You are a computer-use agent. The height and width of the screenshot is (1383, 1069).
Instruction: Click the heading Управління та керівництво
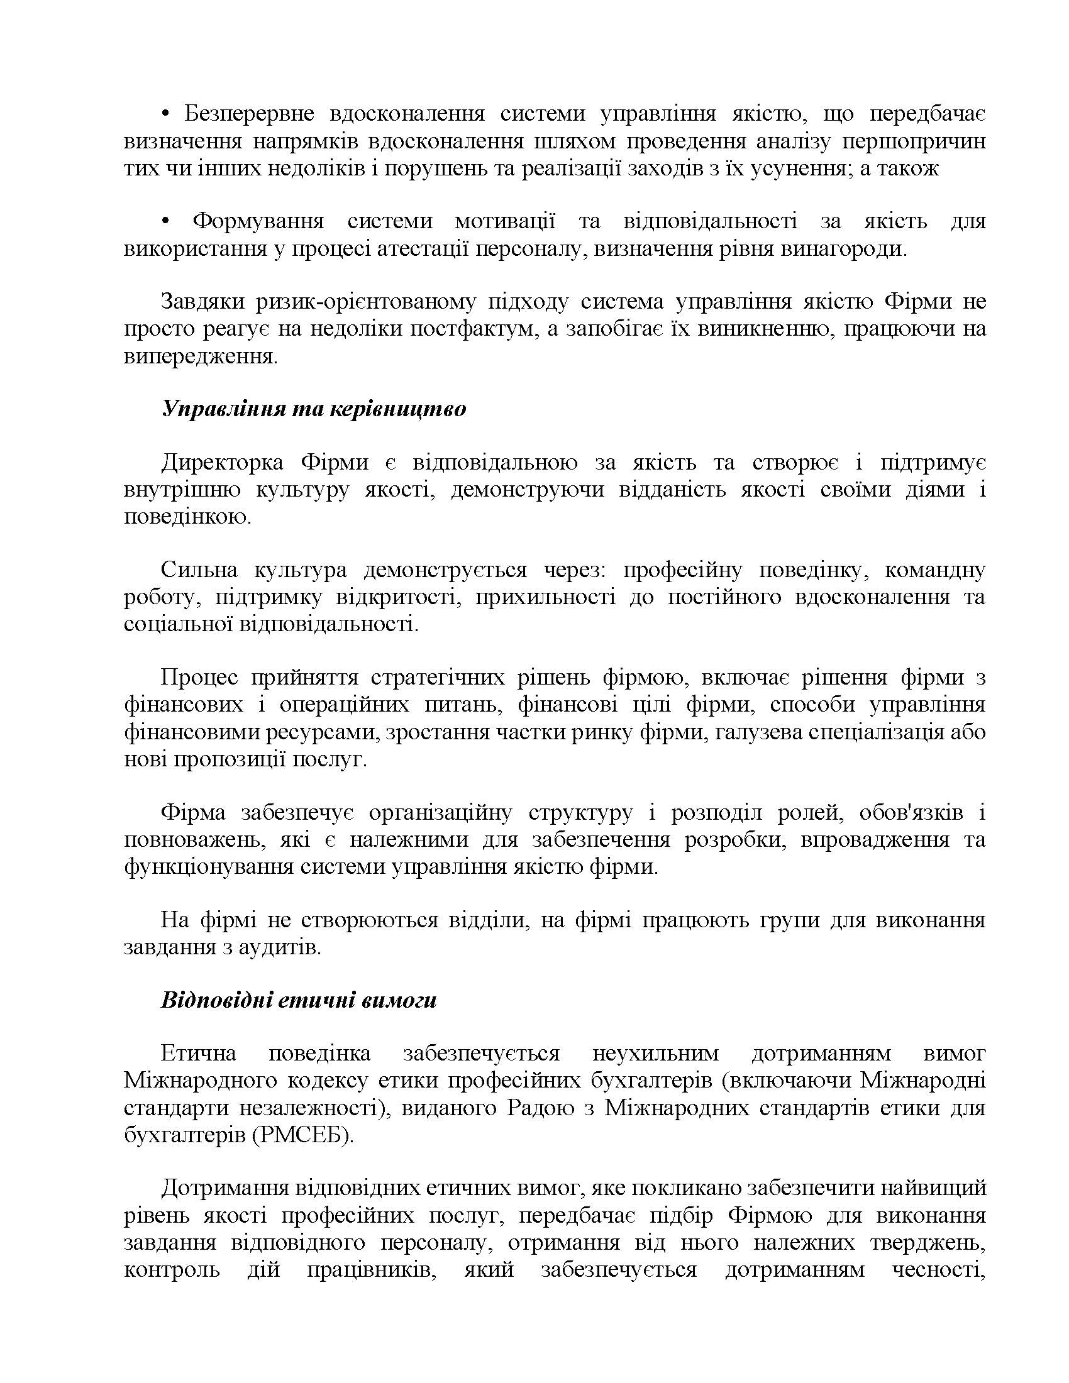point(314,409)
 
